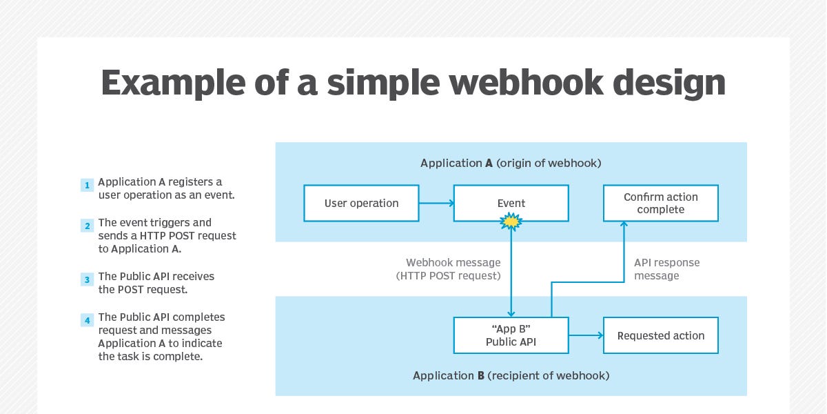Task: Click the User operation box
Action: coord(361,203)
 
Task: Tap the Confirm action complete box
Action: coord(660,203)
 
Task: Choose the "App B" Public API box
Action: coord(511,335)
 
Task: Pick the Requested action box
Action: coord(660,335)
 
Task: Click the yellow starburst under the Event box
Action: coord(511,221)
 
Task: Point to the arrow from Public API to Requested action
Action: coord(586,336)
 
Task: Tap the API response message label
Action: coord(666,269)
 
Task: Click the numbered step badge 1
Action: coord(87,185)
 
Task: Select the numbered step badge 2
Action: coord(87,226)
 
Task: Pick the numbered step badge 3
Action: coord(87,279)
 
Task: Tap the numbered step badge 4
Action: coord(87,320)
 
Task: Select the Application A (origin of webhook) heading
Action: coord(511,164)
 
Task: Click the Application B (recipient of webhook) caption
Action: coord(511,376)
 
